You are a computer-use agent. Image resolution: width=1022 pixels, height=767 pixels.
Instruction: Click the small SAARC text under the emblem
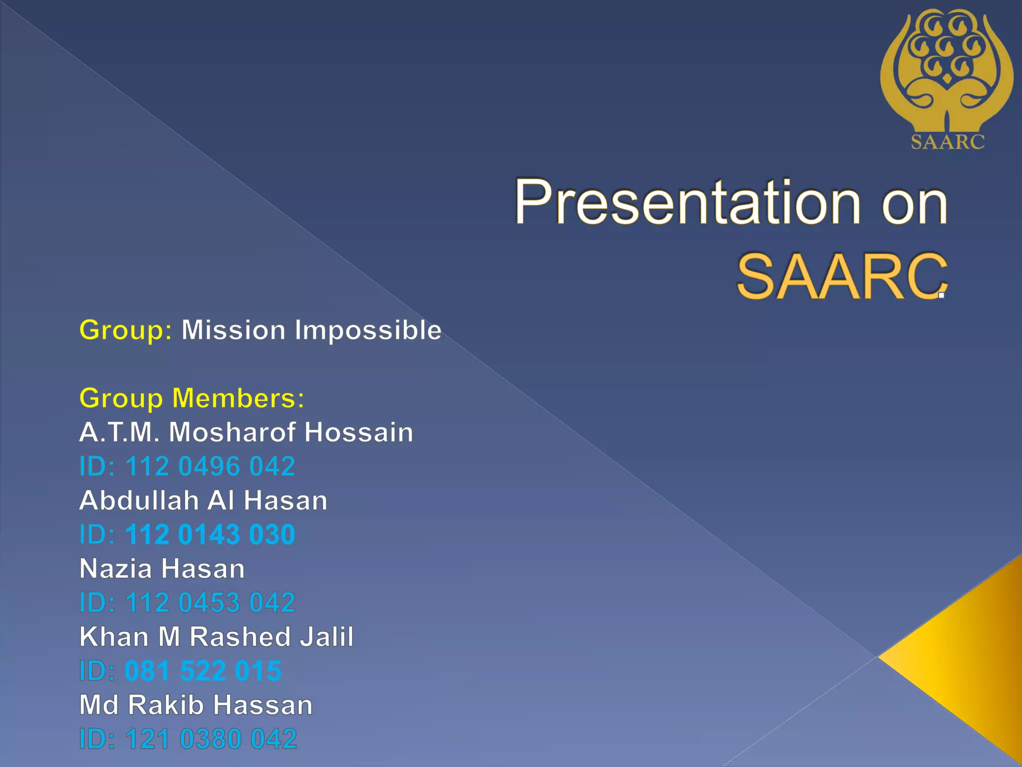(x=948, y=142)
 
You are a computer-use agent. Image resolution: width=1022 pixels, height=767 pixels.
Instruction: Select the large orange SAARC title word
(x=841, y=277)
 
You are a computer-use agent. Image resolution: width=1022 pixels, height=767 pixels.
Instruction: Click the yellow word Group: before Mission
(x=126, y=331)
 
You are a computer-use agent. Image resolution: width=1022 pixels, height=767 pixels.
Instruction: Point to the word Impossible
(x=368, y=331)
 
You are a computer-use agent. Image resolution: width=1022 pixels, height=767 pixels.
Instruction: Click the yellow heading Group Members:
(x=192, y=398)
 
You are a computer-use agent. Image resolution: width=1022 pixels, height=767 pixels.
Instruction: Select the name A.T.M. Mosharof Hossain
(x=246, y=432)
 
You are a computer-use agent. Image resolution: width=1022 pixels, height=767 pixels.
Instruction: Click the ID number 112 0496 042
(x=210, y=466)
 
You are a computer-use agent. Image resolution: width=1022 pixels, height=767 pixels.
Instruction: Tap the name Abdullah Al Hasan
(x=203, y=500)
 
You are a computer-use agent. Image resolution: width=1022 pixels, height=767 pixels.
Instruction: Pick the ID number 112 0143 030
(x=210, y=535)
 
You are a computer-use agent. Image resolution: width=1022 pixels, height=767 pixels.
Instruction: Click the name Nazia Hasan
(x=162, y=569)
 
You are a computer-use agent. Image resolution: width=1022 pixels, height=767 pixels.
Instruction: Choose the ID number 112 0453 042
(x=210, y=603)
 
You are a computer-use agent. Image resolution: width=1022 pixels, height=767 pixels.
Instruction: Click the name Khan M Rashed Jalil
(x=217, y=637)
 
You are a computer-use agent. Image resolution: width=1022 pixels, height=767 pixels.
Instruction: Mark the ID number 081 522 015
(x=203, y=671)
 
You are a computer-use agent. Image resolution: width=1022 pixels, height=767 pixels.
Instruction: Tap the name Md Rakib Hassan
(x=196, y=705)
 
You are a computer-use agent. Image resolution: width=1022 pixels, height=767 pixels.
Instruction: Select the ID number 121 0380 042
(x=211, y=739)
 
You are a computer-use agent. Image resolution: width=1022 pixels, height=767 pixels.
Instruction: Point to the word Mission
(x=233, y=331)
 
